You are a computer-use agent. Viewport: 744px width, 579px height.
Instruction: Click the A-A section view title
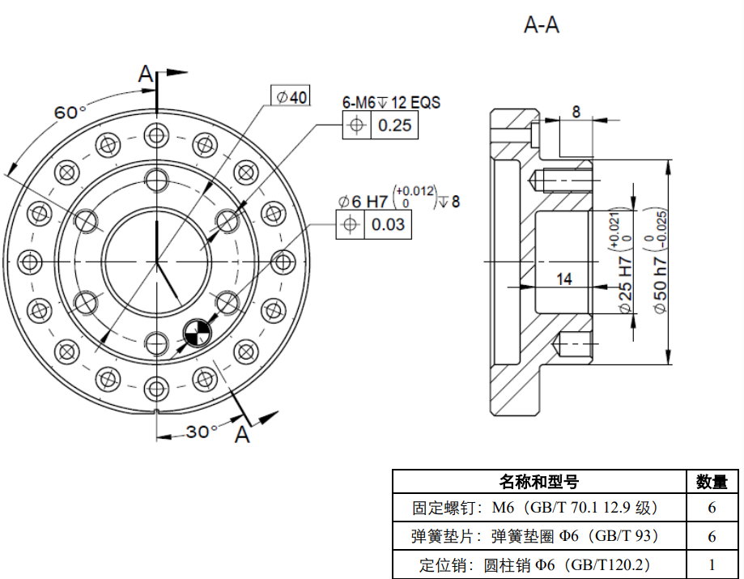[542, 26]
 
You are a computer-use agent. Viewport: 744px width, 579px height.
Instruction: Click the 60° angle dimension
[70, 112]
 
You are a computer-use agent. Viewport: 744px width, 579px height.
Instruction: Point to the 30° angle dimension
[198, 432]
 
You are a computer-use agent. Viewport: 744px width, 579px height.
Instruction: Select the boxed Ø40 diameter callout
[291, 96]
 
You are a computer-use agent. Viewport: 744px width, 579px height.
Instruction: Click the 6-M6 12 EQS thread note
[391, 103]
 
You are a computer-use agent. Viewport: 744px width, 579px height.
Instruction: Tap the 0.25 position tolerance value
[394, 125]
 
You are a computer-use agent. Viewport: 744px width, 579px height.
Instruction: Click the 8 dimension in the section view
[575, 112]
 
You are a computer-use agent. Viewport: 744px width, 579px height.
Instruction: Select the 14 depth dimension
[564, 279]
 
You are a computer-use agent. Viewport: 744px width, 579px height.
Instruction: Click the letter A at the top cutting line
[145, 75]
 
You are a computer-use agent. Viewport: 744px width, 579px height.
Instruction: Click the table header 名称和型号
[538, 482]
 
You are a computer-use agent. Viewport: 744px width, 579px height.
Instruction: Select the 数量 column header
[712, 482]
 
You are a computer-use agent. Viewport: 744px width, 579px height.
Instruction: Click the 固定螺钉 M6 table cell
[538, 509]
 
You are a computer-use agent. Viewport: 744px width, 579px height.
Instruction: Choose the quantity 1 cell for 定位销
[712, 564]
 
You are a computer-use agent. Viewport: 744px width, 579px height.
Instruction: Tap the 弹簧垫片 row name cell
[538, 536]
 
